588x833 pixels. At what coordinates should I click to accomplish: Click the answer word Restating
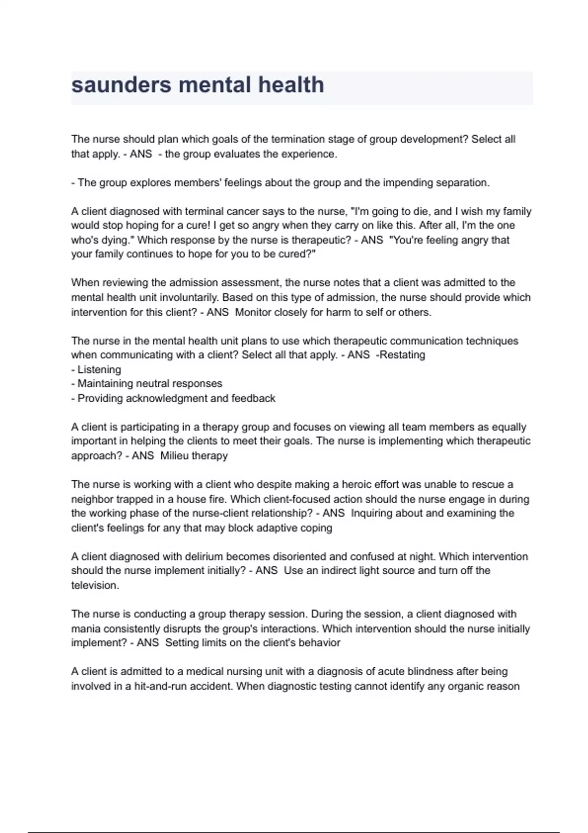tap(402, 355)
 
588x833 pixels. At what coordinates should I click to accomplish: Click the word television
tap(95, 586)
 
